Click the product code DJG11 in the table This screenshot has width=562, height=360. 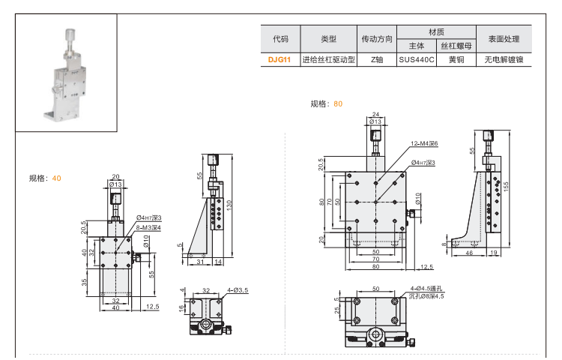click(280, 59)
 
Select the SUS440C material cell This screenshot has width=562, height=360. click(417, 59)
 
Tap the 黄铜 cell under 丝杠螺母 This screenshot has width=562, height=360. click(456, 59)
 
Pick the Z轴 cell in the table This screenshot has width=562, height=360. click(377, 59)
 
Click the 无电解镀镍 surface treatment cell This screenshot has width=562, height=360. click(504, 59)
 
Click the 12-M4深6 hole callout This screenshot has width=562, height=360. click(423, 143)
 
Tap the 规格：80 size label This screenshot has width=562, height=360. click(327, 104)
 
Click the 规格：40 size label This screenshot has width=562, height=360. click(45, 178)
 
